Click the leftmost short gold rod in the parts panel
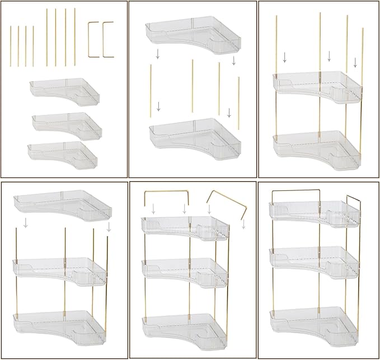(x=11, y=46)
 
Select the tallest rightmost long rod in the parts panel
(x=74, y=36)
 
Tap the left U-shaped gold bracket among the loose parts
(x=93, y=39)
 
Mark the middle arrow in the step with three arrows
(x=329, y=56)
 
